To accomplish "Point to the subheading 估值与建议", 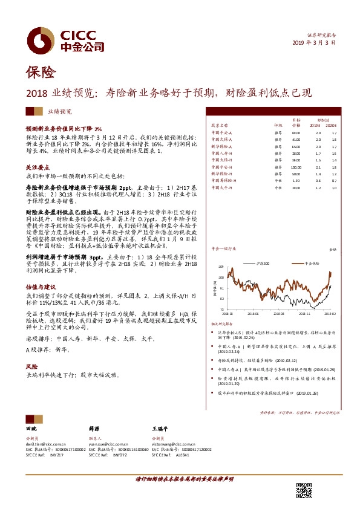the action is pos(39,287).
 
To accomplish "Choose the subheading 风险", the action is pos(31,366).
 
